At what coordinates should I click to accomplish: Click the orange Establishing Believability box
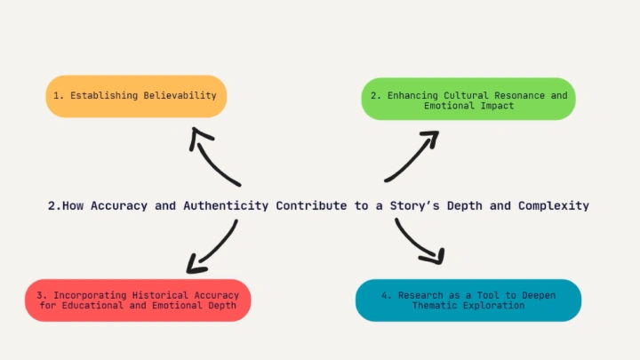click(x=136, y=96)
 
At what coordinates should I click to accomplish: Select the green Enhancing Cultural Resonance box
click(x=468, y=99)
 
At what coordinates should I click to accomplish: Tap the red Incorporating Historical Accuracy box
click(x=138, y=300)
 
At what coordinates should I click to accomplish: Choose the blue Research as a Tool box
click(x=468, y=300)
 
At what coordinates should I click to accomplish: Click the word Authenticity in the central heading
click(x=226, y=205)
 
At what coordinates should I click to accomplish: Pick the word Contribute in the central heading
click(x=311, y=205)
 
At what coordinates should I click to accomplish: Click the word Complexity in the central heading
click(x=554, y=205)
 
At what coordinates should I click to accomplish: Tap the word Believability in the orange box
click(x=180, y=95)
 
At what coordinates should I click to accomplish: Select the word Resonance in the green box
click(x=520, y=95)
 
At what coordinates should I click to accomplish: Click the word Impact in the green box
click(x=497, y=106)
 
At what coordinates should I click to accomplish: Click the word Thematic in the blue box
click(x=434, y=305)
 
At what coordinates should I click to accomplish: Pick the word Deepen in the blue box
click(x=539, y=295)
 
